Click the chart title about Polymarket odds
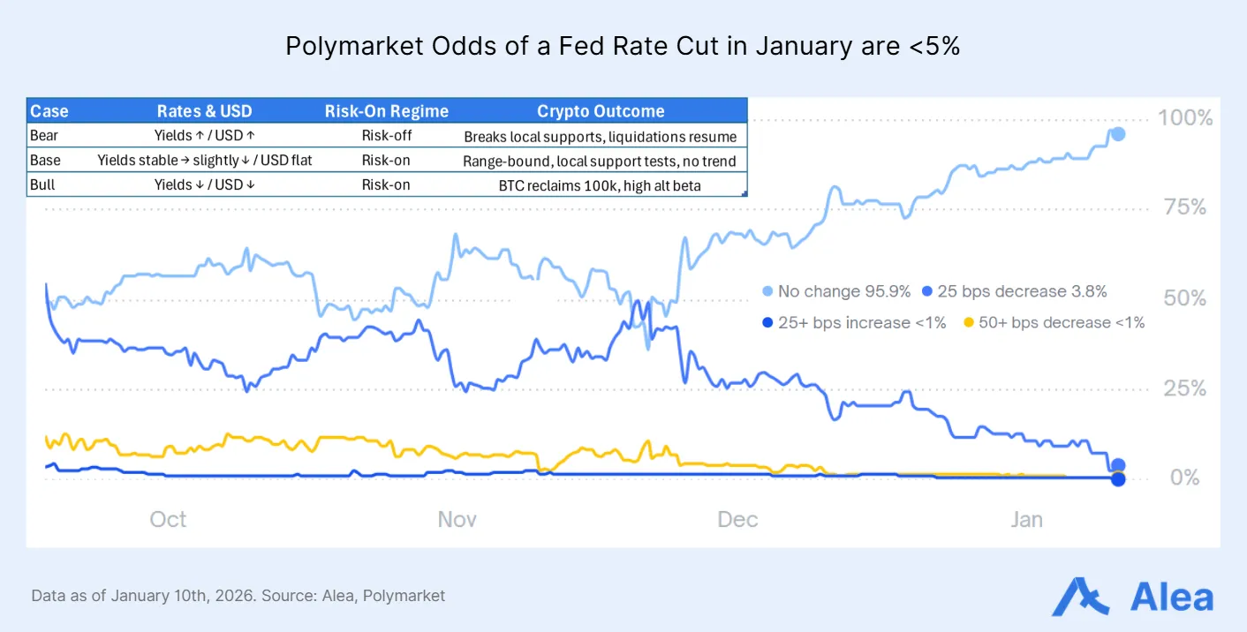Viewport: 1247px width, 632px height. click(623, 47)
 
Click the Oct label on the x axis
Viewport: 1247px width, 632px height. click(168, 519)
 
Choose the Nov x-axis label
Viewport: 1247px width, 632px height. click(457, 519)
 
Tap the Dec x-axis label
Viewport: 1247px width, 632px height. click(737, 519)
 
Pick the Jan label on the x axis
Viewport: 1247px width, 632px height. click(1026, 519)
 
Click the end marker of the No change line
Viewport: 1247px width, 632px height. click(1118, 134)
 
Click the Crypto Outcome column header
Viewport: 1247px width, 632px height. click(601, 111)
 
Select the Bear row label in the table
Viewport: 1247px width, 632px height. click(44, 136)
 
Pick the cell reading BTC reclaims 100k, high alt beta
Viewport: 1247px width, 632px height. click(601, 185)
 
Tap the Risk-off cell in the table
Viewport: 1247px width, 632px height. click(386, 136)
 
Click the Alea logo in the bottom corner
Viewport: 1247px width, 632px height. click(1132, 597)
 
